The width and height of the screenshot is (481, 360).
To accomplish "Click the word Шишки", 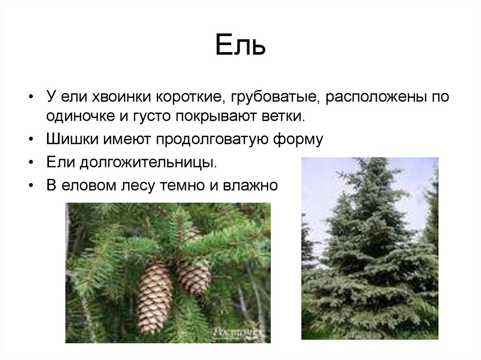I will tap(69, 139).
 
